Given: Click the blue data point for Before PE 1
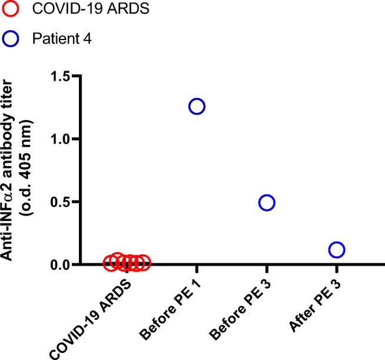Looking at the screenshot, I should (197, 107).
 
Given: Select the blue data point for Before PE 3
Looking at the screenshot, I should (267, 203).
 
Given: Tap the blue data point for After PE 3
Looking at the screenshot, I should (337, 250).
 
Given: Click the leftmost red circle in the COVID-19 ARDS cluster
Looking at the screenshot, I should (110, 263).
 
